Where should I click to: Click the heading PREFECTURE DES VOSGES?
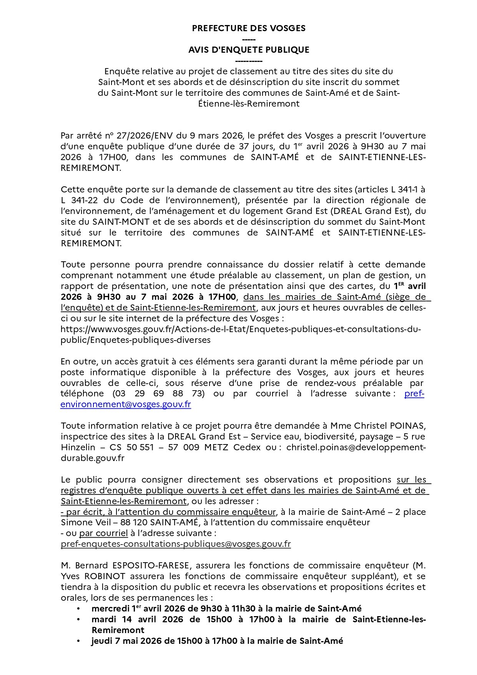249,28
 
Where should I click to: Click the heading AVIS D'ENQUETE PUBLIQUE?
249,50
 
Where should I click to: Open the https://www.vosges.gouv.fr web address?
241,329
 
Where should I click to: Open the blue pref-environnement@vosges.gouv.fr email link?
125,404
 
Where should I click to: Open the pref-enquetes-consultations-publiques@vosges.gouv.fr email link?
176,544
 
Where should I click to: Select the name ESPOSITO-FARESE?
151,566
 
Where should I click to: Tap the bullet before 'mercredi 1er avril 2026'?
79,609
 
